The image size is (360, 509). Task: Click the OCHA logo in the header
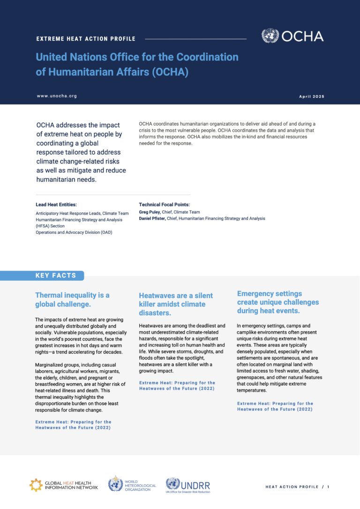coord(292,36)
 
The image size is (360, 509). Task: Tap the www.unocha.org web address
coord(57,96)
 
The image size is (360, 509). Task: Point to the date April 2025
coord(311,97)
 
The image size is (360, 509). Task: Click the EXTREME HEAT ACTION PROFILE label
coord(86,39)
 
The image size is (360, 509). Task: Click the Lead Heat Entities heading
coord(56,205)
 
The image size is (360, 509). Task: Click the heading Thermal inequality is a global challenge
coord(72,299)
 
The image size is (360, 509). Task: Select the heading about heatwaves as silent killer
coord(176,304)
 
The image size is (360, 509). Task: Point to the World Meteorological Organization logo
coord(133,484)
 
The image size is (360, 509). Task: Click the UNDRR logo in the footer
coord(188,484)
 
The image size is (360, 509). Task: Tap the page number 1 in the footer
coord(328,487)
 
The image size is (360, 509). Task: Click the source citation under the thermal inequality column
coord(73,425)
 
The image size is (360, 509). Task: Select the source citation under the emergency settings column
coord(275,406)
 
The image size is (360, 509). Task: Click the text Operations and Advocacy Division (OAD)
coord(74,232)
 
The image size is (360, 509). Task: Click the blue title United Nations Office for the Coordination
coord(137,57)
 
